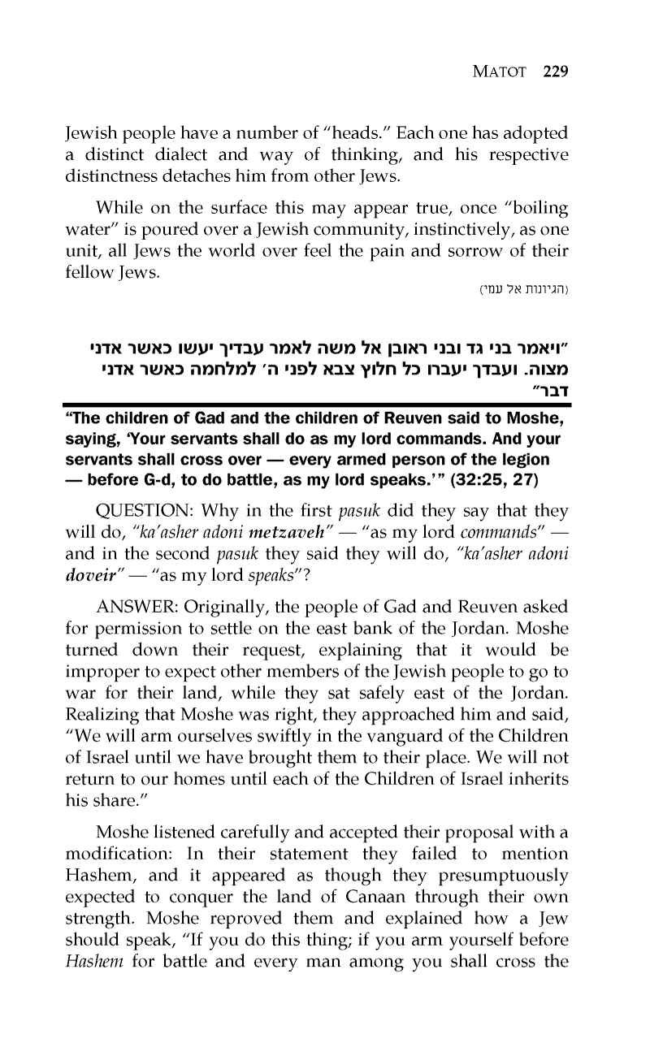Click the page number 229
(554, 71)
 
